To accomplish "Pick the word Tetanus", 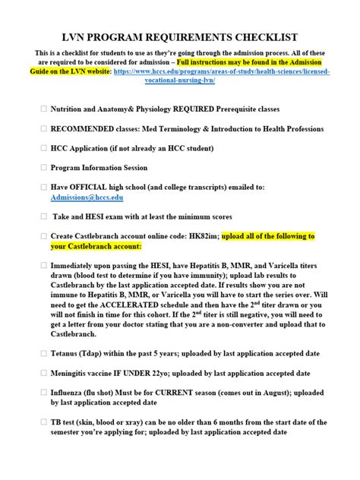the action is point(67,353).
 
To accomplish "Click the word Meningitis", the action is point(74,373).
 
